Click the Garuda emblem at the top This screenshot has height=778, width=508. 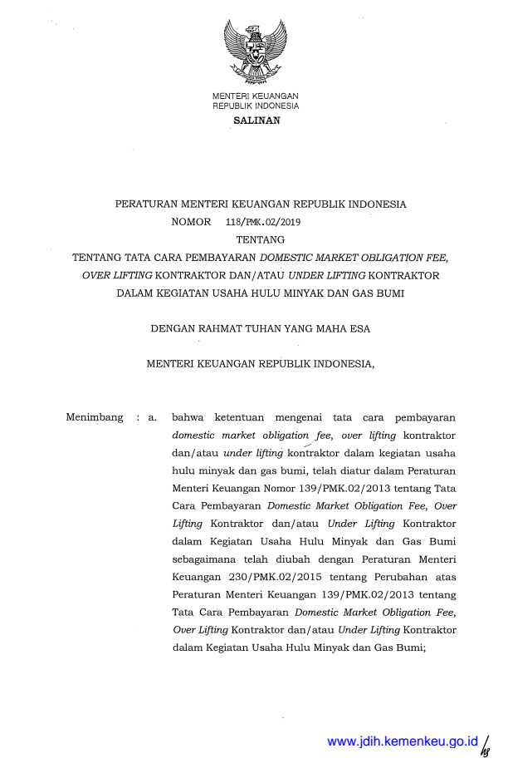256,51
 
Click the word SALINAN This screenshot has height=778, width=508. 256,121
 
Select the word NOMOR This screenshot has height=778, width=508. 191,222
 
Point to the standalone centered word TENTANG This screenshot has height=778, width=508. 260,239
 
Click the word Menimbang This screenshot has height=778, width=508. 95,417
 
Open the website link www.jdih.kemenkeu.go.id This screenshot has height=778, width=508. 403,741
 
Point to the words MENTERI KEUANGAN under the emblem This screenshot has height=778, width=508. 256,97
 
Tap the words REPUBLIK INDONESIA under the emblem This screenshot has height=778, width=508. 256,106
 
